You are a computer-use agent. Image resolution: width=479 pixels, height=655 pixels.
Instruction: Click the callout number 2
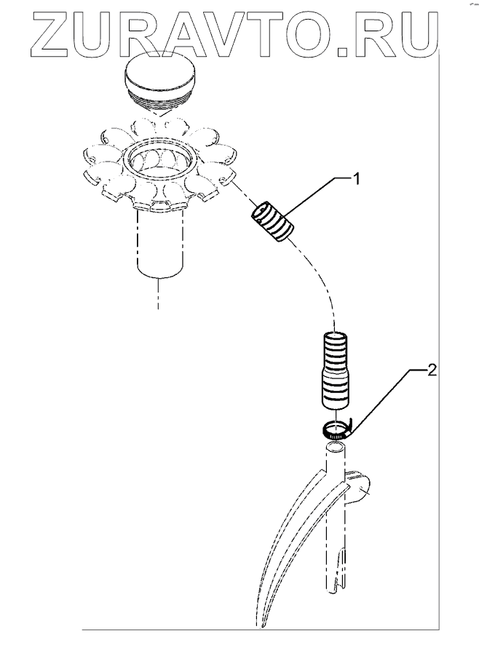pyautogui.click(x=432, y=370)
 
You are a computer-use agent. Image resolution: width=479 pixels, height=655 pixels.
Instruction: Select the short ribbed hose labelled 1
pyautogui.click(x=272, y=222)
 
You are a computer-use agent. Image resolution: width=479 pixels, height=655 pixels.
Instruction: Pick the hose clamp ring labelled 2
pyautogui.click(x=338, y=430)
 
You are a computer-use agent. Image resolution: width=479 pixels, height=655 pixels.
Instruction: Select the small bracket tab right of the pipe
pyautogui.click(x=357, y=489)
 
